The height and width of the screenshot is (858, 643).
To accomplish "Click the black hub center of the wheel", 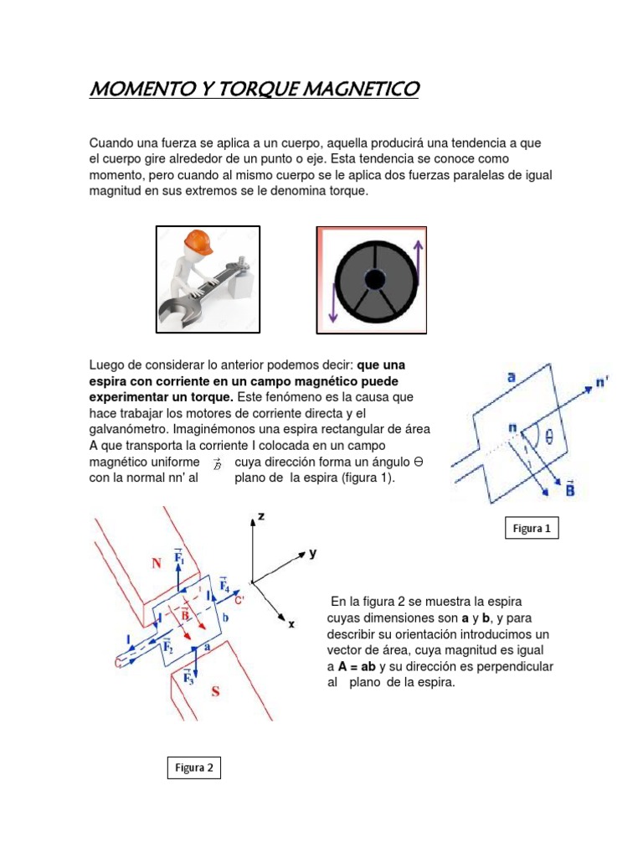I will pyautogui.click(x=374, y=280).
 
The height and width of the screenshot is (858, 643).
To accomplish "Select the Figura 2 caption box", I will pyautogui.click(x=193, y=768).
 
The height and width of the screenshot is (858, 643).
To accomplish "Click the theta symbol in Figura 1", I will pyautogui.click(x=548, y=436).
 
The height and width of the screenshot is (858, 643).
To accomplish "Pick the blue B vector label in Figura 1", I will pyautogui.click(x=570, y=488).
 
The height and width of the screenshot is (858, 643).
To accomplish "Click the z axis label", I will pyautogui.click(x=261, y=517).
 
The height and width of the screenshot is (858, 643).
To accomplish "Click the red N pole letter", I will pyautogui.click(x=157, y=564).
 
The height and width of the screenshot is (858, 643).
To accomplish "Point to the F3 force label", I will pyautogui.click(x=190, y=677).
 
